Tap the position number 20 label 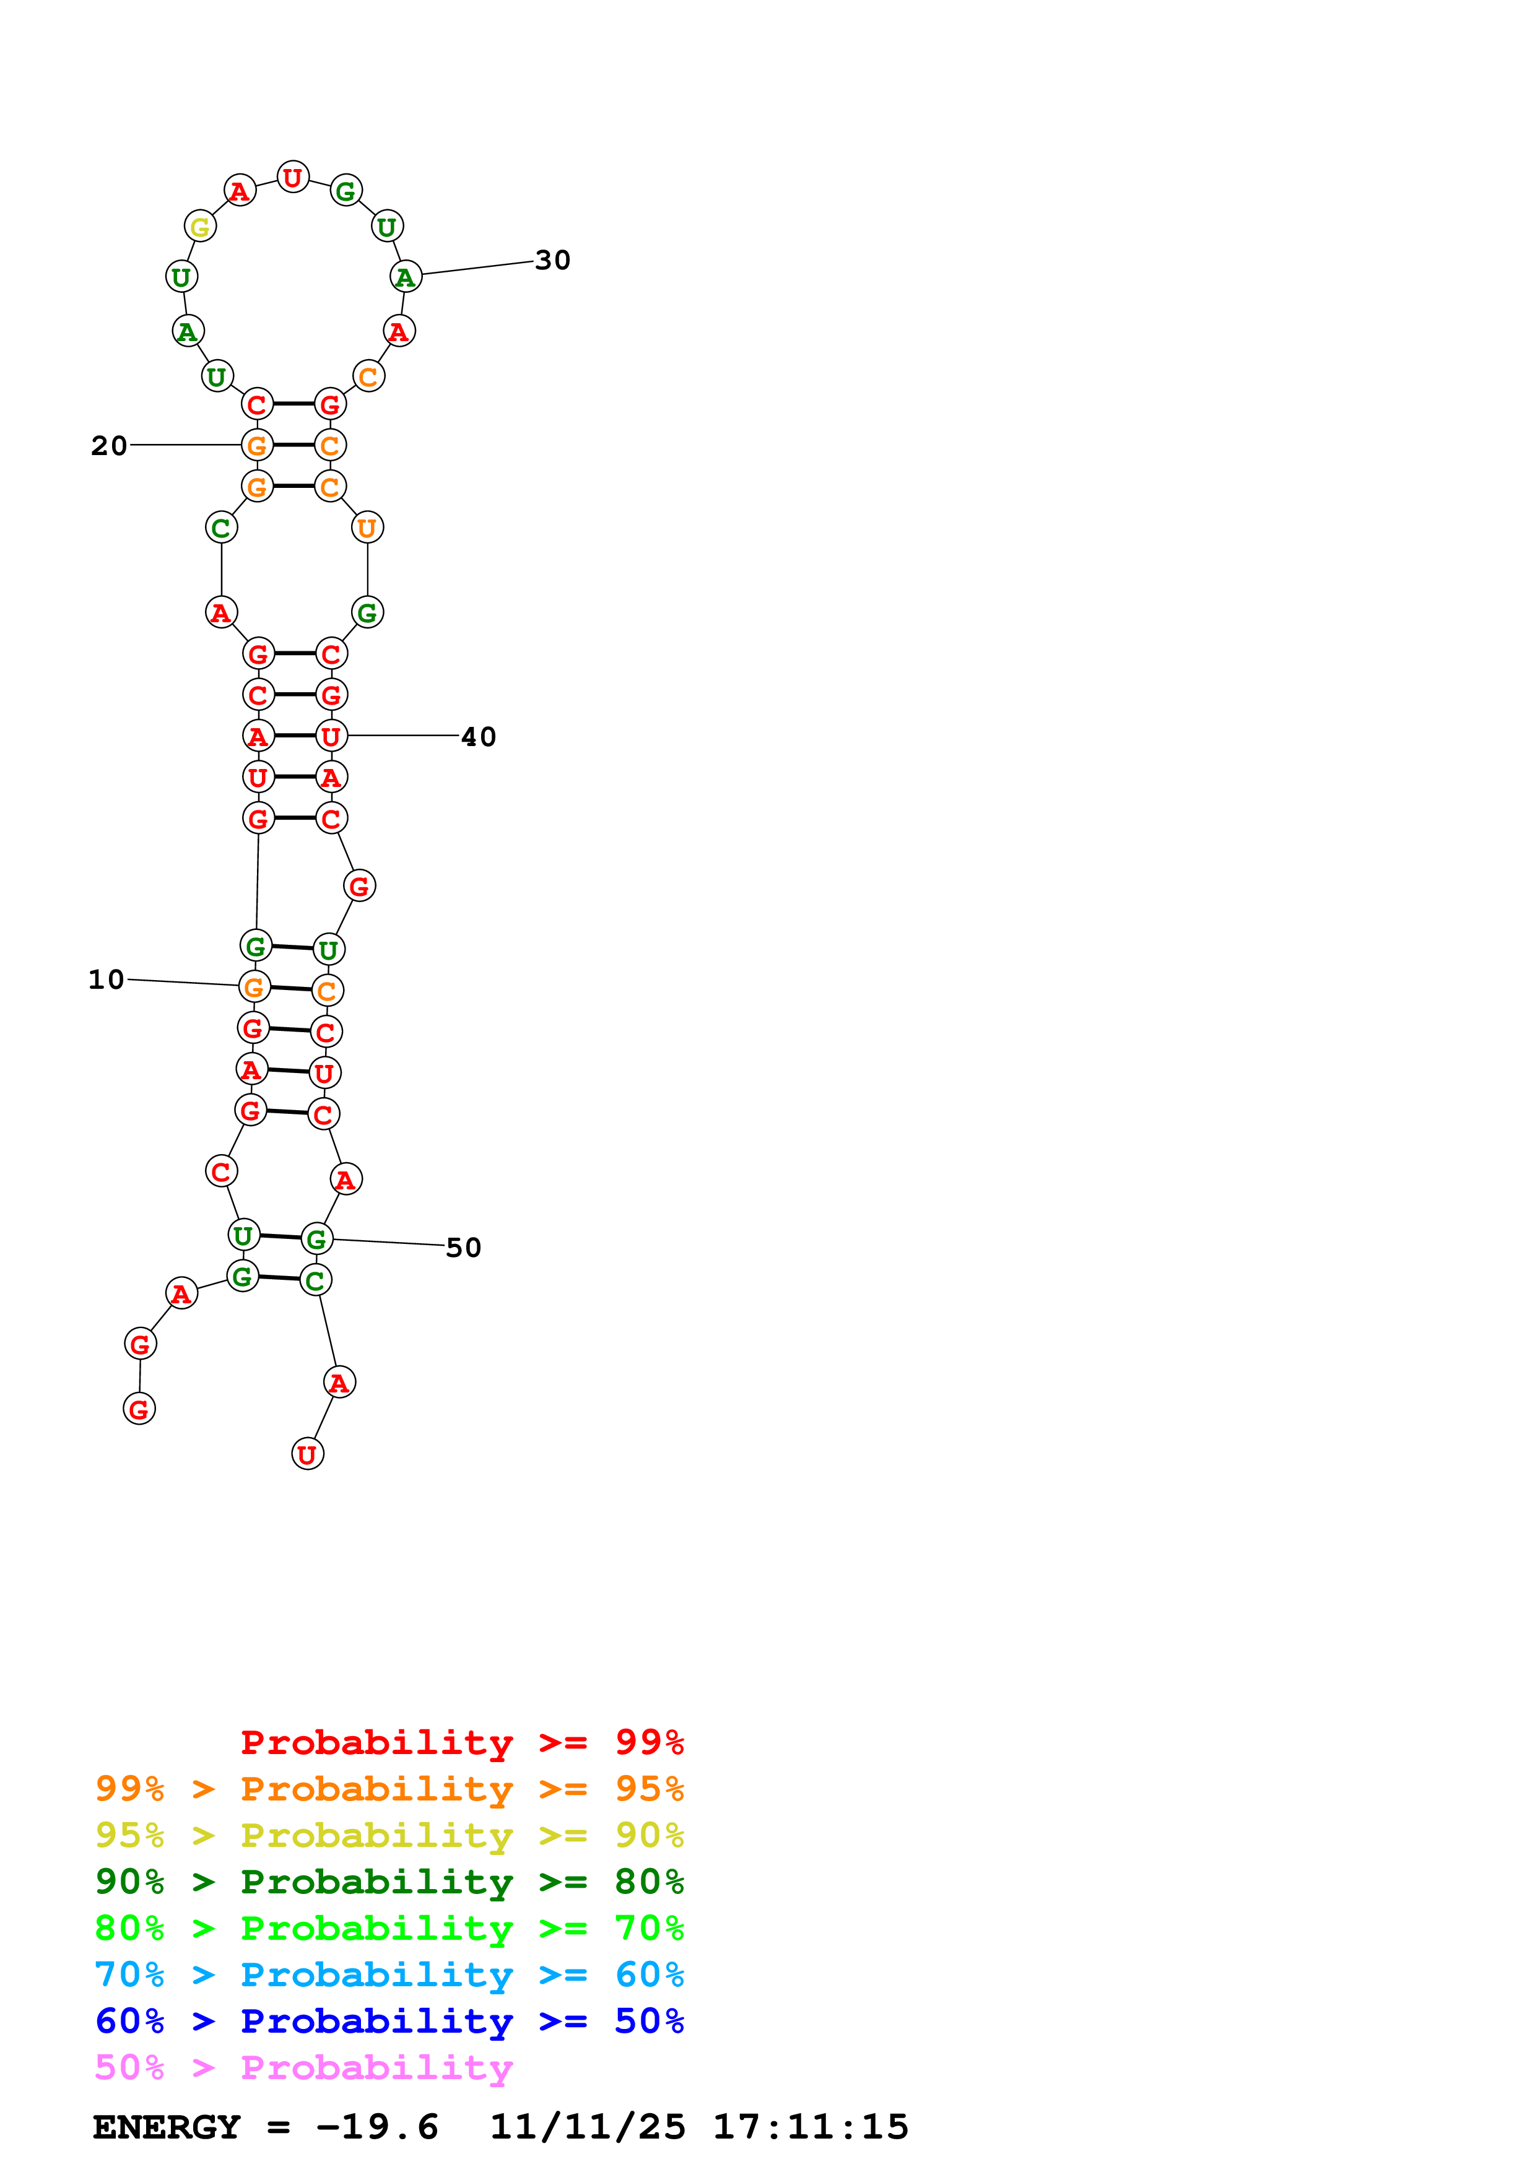click(x=109, y=446)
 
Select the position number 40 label click(x=479, y=737)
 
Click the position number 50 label click(x=463, y=1248)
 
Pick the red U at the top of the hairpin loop click(x=293, y=177)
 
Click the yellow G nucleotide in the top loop click(x=199, y=227)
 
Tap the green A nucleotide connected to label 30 click(x=406, y=277)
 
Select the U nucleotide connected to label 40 click(x=331, y=736)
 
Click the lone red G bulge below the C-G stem click(x=359, y=887)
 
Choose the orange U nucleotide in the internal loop click(x=367, y=528)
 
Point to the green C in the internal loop click(x=221, y=528)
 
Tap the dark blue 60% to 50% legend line click(x=389, y=2021)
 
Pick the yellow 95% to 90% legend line click(x=389, y=1835)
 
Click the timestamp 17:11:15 click(x=811, y=2127)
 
